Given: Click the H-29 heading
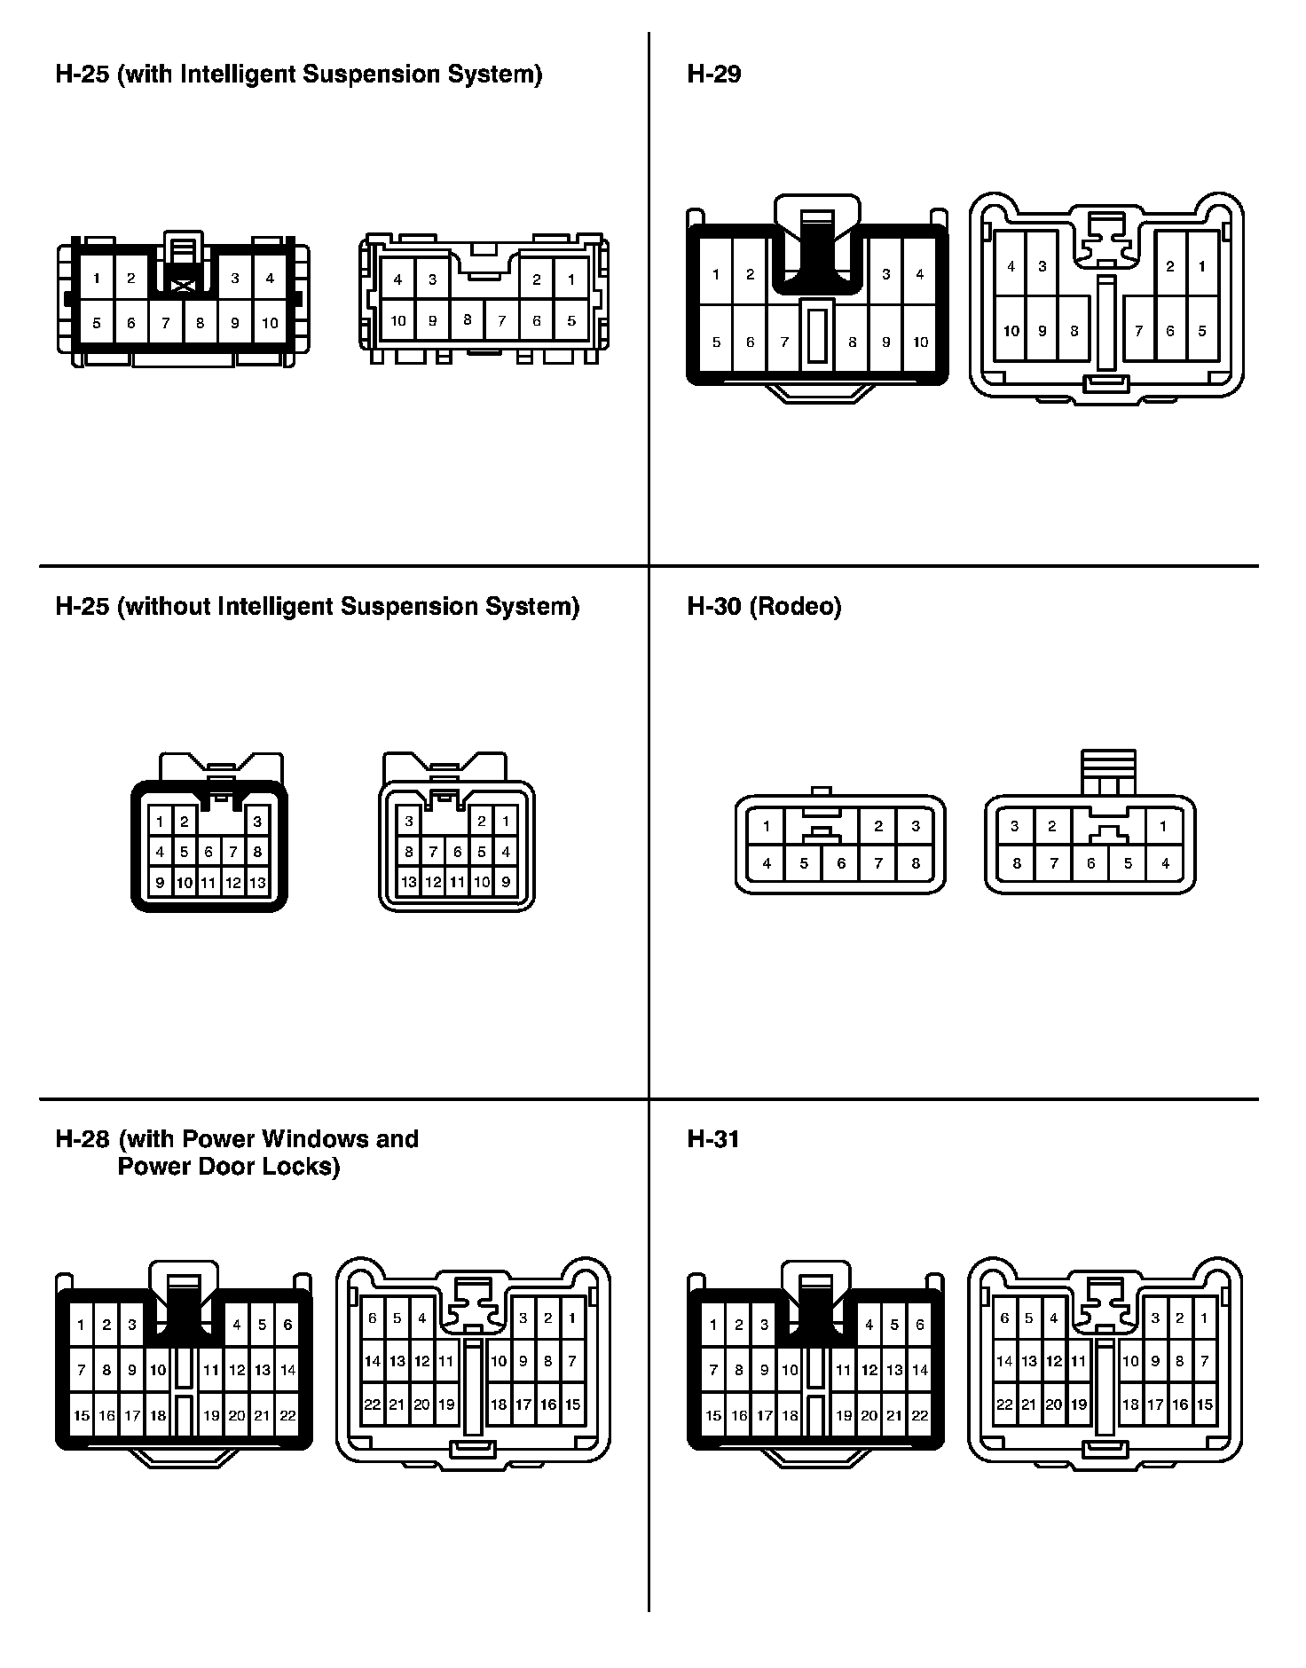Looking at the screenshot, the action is (x=713, y=74).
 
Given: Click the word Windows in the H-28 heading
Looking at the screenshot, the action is (x=319, y=1138).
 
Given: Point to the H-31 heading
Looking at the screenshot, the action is (x=713, y=1138).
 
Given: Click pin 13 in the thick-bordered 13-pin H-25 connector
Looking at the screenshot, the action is (x=257, y=883).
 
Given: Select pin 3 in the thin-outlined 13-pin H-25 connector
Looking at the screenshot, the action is (x=408, y=821).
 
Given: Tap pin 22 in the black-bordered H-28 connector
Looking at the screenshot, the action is (x=287, y=1415).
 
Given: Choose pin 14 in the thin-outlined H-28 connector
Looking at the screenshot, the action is (x=373, y=1361).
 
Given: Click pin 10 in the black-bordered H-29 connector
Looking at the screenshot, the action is (x=920, y=342).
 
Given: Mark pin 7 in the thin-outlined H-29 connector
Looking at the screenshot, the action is (x=1139, y=331).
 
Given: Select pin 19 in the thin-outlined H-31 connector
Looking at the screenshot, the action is (x=1079, y=1404).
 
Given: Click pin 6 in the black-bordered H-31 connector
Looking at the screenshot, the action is (x=920, y=1325).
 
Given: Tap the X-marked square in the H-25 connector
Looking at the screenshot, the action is (x=184, y=286).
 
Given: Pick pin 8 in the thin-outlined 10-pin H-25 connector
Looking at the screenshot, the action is (x=468, y=320).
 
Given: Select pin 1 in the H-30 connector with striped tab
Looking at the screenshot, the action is (x=1162, y=826).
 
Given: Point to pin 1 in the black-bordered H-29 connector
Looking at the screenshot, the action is (x=716, y=274).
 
